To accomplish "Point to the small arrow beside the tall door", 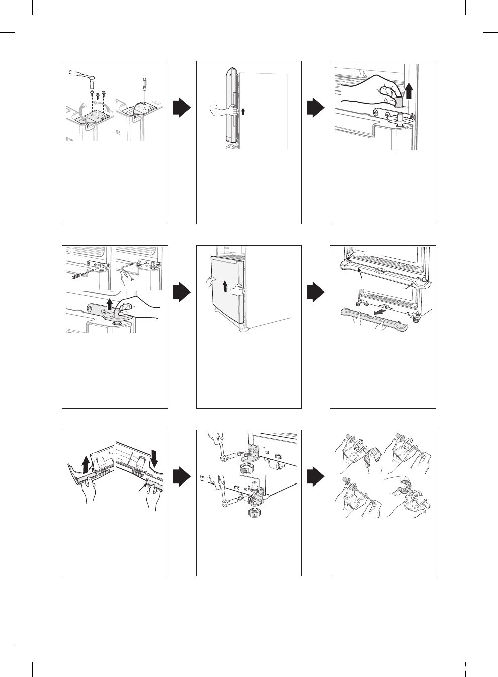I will (x=242, y=110).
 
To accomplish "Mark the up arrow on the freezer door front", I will (x=225, y=286).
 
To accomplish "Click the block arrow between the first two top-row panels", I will (x=182, y=108).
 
